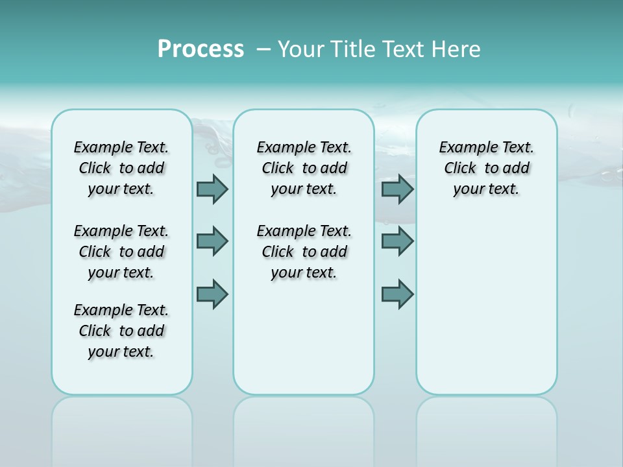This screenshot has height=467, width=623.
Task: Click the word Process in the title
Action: click(201, 49)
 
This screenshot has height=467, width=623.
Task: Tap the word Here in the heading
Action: click(456, 49)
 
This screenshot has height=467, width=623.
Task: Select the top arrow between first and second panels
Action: click(212, 189)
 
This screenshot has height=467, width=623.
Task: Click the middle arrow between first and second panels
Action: click(212, 241)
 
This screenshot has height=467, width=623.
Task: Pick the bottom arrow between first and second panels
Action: click(212, 294)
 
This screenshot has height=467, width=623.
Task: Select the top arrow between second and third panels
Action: click(397, 189)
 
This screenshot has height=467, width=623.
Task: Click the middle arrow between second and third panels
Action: click(397, 241)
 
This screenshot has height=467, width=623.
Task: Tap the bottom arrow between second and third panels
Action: click(397, 294)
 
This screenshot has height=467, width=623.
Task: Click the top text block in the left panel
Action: click(121, 168)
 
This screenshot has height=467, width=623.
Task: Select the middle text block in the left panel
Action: click(121, 252)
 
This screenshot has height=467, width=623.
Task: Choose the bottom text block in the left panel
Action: click(121, 331)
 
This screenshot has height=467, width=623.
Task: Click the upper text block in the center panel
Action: click(304, 168)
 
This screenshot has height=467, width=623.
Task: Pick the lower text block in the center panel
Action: click(304, 252)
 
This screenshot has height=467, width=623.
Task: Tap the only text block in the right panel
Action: click(486, 168)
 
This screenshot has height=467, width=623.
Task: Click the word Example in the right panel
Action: click(463, 148)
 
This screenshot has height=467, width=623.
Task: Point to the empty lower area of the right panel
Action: click(486, 305)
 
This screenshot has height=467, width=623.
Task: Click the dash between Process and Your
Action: click(264, 49)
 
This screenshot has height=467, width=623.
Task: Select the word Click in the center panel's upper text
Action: click(278, 169)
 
